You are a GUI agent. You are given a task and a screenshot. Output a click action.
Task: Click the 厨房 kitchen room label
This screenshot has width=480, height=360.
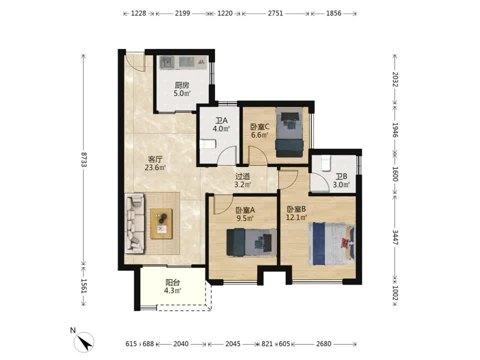tap(182, 85)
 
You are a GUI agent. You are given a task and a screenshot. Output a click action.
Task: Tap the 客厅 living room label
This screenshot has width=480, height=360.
tap(155, 159)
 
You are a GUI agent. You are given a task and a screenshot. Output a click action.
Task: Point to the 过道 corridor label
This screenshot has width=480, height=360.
tap(243, 176)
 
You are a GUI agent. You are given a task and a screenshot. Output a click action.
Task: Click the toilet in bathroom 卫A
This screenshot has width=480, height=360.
tap(208, 144)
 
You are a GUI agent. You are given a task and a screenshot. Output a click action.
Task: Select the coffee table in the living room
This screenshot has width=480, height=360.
tap(161, 224)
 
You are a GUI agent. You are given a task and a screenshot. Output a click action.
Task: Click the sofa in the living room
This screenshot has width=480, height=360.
tap(134, 223)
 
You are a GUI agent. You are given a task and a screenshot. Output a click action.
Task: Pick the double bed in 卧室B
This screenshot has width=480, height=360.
tap(332, 244)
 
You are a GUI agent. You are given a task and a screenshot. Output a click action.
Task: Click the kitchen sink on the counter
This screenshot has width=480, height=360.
tap(167, 62)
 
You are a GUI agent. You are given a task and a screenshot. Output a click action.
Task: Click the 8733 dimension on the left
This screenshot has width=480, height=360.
tap(84, 159)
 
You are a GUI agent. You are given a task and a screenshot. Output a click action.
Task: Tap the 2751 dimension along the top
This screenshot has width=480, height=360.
tap(275, 13)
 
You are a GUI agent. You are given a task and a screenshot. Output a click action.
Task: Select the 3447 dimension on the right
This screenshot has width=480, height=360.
tap(395, 237)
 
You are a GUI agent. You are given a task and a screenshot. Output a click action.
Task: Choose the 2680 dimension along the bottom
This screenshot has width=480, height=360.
tap(323, 344)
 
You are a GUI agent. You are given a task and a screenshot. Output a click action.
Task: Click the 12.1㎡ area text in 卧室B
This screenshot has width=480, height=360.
tap(296, 217)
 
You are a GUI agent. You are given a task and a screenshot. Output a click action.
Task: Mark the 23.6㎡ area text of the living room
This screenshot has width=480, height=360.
tap(155, 167)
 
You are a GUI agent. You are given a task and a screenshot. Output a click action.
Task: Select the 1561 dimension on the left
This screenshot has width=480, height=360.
tap(84, 286)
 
